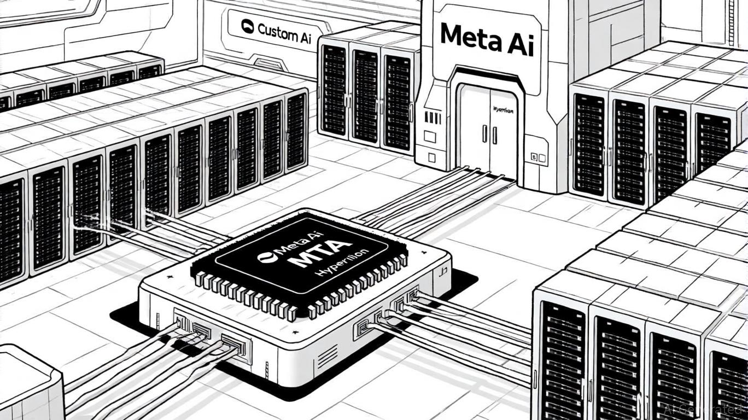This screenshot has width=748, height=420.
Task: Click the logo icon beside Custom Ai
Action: coord(247,26)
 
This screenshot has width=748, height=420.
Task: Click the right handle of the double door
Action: coord(494,135)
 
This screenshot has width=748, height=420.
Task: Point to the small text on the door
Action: coord(503,110)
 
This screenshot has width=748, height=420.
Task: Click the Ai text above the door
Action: coord(517,42)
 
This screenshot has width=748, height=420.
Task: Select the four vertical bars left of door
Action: coord(433,118)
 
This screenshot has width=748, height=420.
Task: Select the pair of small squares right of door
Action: coord(539,159)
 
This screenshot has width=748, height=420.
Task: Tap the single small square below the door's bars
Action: coord(431,157)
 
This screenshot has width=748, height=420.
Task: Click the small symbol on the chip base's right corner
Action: coord(443,269)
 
